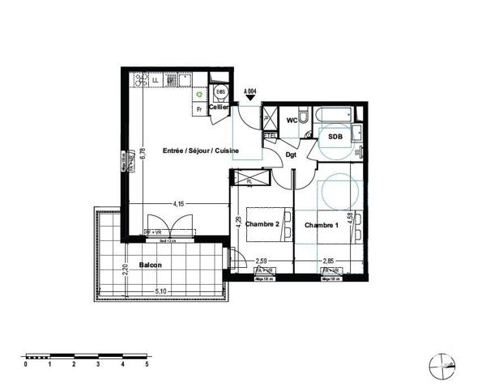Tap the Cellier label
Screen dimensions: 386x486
[219, 107]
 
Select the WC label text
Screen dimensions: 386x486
[292, 120]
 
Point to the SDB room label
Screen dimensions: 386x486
[335, 137]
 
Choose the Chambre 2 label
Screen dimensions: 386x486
[262, 224]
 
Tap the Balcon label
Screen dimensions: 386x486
[150, 265]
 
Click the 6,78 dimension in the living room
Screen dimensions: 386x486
[143, 152]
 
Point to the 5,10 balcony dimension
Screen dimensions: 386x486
[161, 291]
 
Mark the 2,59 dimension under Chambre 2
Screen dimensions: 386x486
[262, 261]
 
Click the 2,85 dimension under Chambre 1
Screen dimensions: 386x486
[329, 261]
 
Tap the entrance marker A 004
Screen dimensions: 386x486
[252, 93]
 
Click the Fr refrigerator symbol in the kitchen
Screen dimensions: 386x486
[199, 107]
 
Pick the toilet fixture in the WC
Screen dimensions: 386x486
[301, 120]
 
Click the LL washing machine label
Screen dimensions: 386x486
[155, 80]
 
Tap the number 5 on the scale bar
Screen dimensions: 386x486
[124, 365]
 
